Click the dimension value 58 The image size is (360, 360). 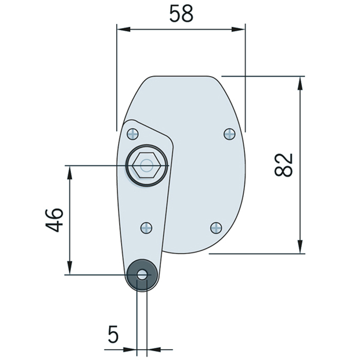pos(181,14)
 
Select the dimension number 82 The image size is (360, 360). pos(283,165)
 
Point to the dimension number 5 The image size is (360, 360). pos(113,334)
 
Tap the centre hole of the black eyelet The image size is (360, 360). pos(142,275)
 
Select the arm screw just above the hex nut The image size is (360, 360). pos(133,134)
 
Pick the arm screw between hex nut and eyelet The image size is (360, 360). pos(147,227)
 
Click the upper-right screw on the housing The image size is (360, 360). pos(229,134)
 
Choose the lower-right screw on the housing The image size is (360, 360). pos(217,227)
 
